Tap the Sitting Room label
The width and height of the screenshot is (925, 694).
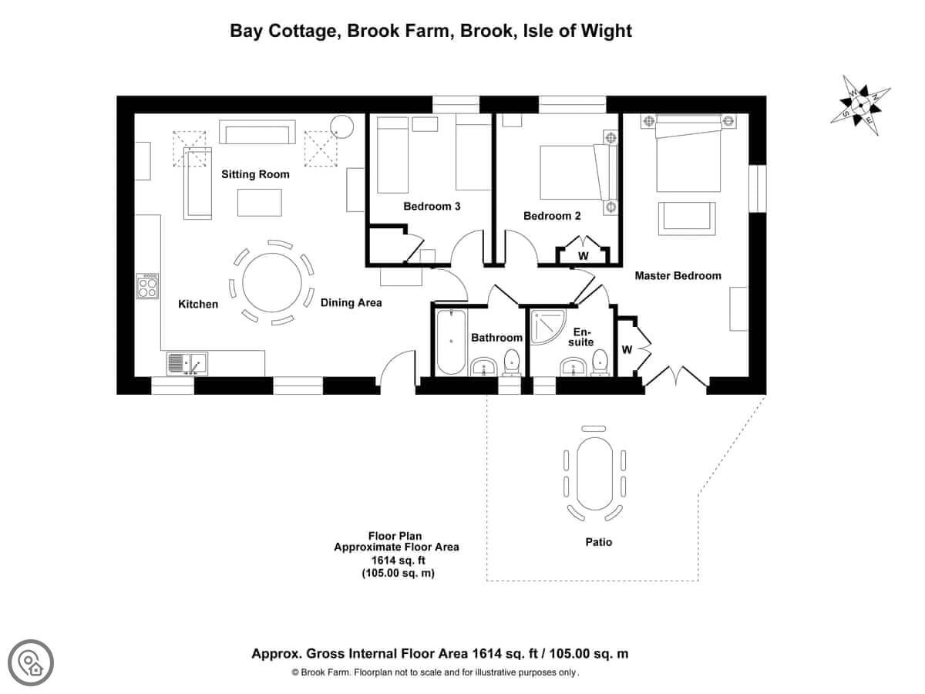[x=255, y=174]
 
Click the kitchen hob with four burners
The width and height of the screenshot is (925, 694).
[x=147, y=286]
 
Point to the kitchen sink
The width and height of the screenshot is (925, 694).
[x=186, y=362]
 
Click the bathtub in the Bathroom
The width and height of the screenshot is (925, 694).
[x=450, y=342]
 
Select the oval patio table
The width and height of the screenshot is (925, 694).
[x=593, y=475]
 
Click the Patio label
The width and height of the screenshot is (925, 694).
[x=598, y=542]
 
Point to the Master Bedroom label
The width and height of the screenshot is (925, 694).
[x=678, y=275]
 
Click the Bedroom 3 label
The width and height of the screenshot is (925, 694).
[x=432, y=206]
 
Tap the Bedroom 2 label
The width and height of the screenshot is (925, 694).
[x=552, y=216]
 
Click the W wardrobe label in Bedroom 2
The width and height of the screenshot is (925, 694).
[x=584, y=255]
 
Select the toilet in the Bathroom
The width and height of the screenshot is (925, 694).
[x=511, y=365]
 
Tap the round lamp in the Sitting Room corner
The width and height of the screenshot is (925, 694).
[x=341, y=126]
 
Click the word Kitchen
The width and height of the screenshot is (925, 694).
[x=198, y=304]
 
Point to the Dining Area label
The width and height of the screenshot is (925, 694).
[x=351, y=303]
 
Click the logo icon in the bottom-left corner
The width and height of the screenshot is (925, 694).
[x=31, y=662]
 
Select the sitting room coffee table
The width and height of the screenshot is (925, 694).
[x=259, y=203]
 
